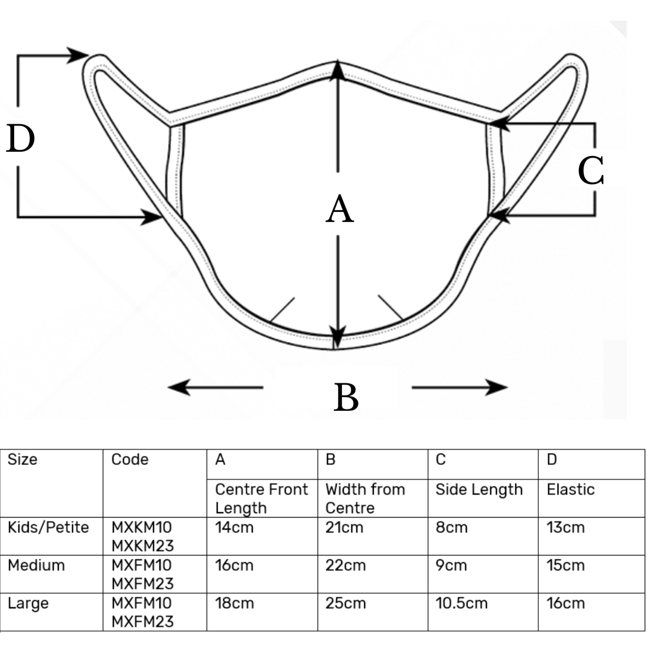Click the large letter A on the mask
click(340, 209)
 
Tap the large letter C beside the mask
click(590, 170)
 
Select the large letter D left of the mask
click(20, 139)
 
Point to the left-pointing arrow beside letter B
click(215, 387)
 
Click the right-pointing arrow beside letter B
click(459, 388)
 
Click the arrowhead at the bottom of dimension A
click(337, 337)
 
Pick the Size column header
click(22, 459)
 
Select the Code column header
click(129, 459)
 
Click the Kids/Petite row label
click(48, 527)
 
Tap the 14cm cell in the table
click(234, 527)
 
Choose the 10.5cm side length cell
click(461, 603)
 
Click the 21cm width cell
click(344, 527)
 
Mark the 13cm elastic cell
click(565, 527)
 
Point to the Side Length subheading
click(479, 489)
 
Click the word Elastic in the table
click(570, 489)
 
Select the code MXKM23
click(143, 546)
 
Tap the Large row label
click(28, 603)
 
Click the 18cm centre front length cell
click(234, 603)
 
